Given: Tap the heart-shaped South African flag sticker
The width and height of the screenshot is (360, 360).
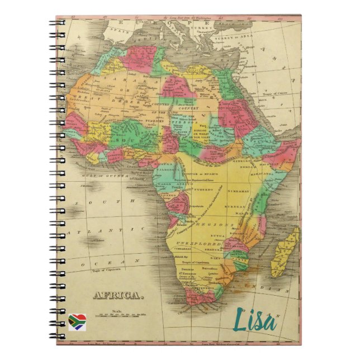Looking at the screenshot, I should click(77, 321).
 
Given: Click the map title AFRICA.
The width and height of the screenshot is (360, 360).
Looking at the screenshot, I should click(118, 295).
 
